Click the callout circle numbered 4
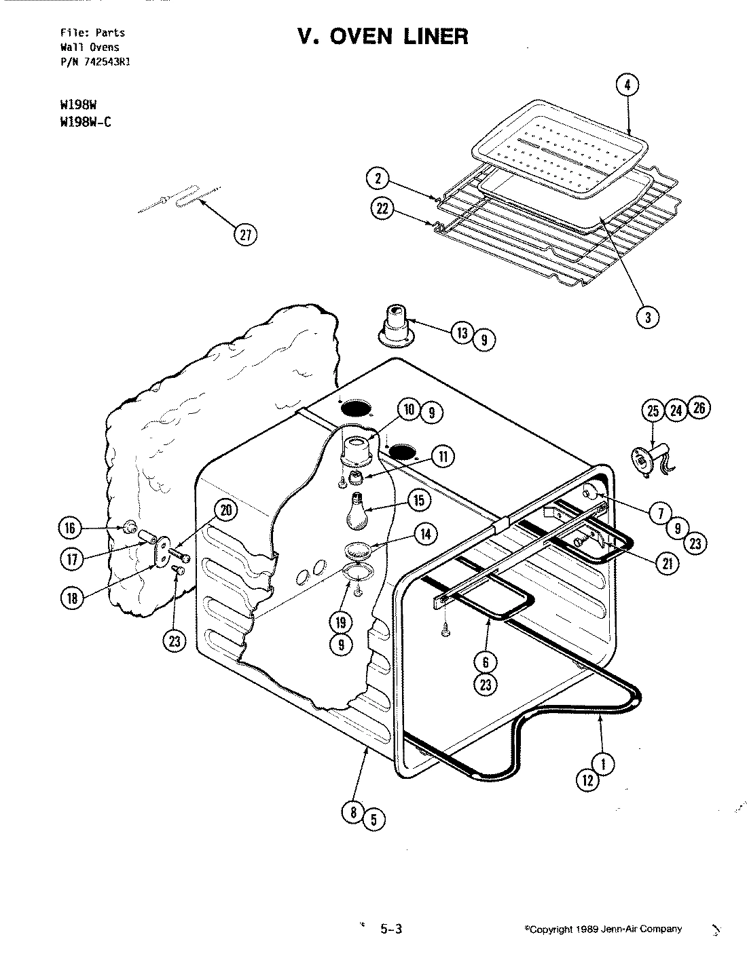click(x=627, y=85)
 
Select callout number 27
click(x=245, y=235)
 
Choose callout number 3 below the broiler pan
click(x=649, y=316)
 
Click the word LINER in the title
click(x=432, y=36)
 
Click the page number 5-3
click(x=391, y=930)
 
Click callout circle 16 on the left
click(x=71, y=527)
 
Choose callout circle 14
click(x=424, y=534)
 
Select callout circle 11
click(x=441, y=456)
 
